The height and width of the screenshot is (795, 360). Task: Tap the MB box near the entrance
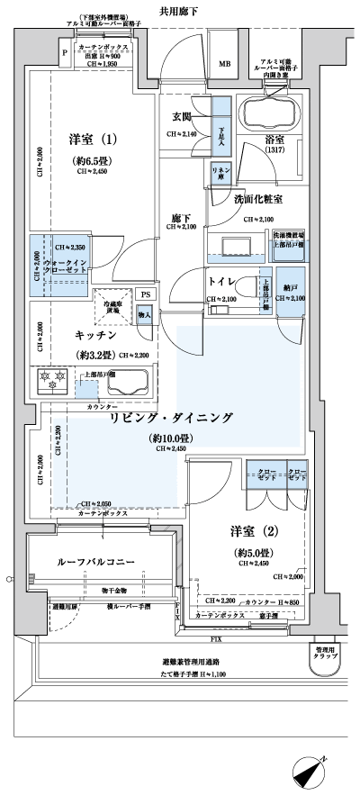pos(225,64)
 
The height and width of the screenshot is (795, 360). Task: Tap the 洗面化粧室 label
pos(258,198)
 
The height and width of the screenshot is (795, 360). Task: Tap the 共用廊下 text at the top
pos(178,12)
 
